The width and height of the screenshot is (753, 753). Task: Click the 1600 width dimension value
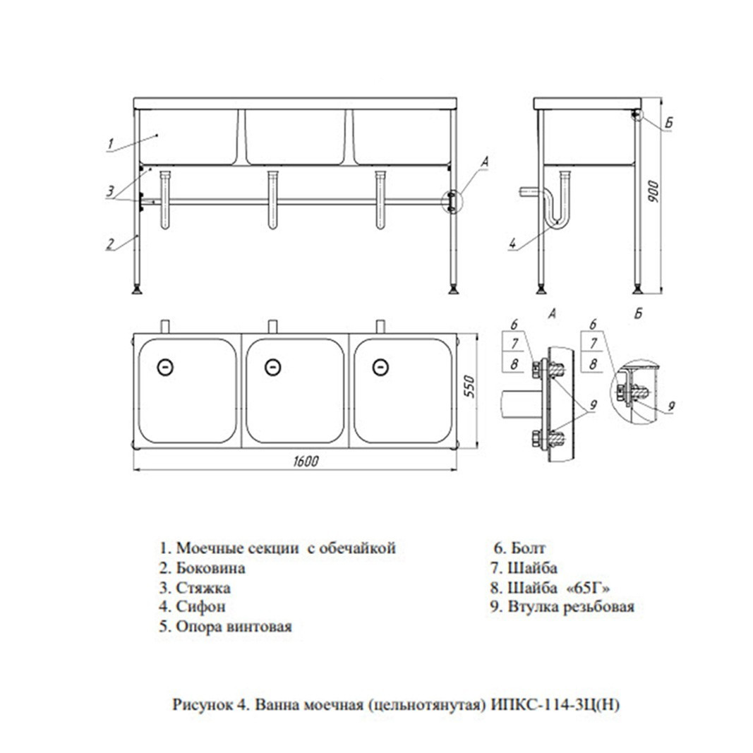point(306,462)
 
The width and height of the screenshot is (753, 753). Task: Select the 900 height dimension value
point(653,192)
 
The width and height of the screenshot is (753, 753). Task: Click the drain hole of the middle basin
point(273,368)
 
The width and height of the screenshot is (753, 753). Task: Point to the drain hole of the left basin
point(165,368)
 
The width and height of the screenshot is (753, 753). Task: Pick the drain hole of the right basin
point(380,368)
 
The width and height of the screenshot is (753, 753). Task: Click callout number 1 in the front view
point(111,143)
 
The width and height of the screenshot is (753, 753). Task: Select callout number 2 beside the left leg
point(110,244)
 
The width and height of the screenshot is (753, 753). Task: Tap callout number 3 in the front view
point(110,191)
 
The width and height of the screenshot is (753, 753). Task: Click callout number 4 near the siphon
point(513,243)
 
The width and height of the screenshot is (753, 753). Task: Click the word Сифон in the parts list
point(200,607)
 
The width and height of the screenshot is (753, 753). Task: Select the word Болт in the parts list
point(528,548)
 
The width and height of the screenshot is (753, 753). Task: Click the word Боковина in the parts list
point(210,568)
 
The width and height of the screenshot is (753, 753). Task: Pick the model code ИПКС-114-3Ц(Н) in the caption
point(555,705)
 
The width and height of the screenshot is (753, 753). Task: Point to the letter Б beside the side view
point(668,123)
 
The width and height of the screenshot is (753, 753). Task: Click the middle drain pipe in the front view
point(273,199)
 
